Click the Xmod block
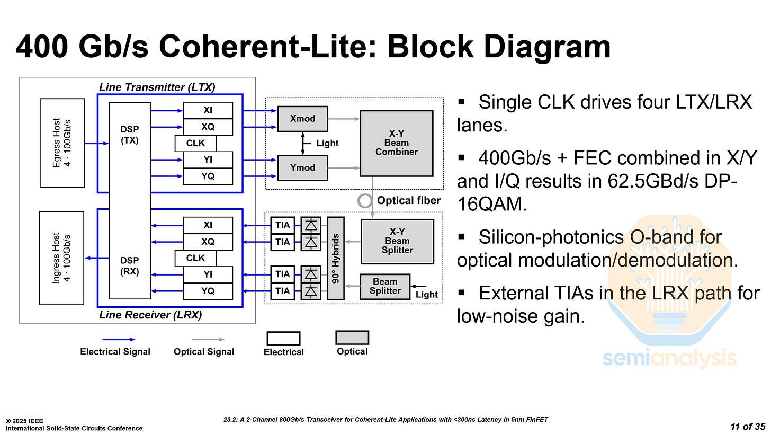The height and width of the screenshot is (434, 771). coord(302,119)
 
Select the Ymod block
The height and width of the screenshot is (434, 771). coord(302,167)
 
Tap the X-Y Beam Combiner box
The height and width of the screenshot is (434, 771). coord(396,143)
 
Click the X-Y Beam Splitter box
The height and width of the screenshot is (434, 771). coord(397,241)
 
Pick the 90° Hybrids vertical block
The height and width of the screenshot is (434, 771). coord(335,258)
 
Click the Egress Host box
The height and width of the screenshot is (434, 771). coord(62,143)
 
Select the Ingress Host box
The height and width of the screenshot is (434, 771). coord(62,258)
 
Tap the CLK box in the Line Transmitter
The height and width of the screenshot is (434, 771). coord(195,144)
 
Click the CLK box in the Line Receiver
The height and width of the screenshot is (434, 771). coord(195,258)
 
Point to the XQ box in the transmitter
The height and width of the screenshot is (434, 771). coord(208,127)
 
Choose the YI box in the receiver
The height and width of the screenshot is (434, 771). coord(208,274)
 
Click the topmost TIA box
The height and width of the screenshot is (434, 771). coord(283,225)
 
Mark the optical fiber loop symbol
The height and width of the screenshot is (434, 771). coord(365,200)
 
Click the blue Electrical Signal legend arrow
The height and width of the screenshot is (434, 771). coord(119,339)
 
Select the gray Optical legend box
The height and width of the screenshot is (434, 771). coord(352,338)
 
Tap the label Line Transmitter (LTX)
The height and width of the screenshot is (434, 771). coord(157,87)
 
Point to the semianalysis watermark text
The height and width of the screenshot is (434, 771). coord(669,359)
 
